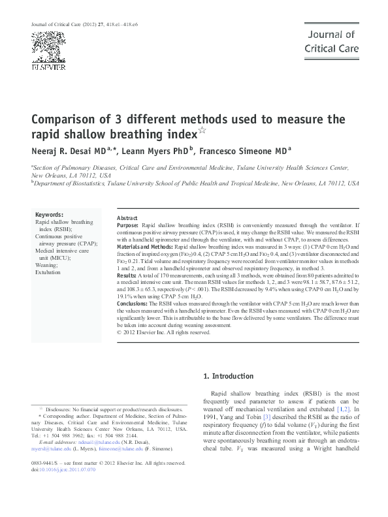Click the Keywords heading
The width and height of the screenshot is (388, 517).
[49, 214]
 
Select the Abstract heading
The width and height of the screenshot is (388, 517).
[127, 218]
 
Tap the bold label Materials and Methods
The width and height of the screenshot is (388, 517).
[145, 247]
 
